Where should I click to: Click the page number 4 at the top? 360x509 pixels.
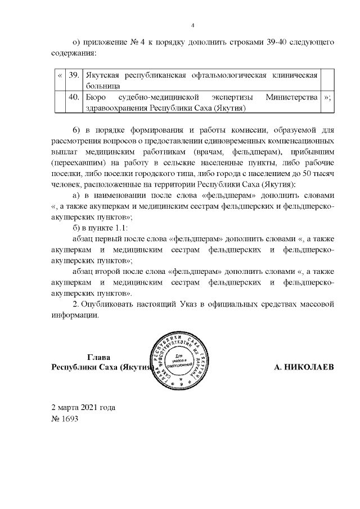(192, 25)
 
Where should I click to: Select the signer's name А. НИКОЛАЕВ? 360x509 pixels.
(304, 367)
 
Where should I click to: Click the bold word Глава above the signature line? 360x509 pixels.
(99, 357)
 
